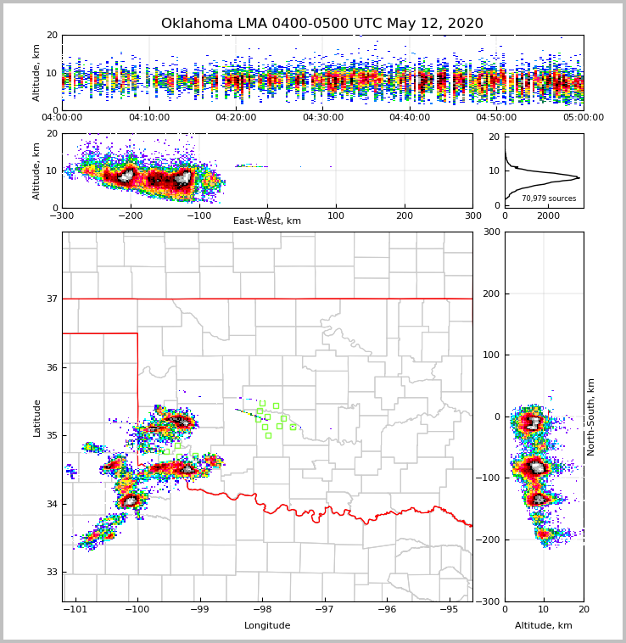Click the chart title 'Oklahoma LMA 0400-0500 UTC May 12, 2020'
(321, 24)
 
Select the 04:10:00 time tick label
(149, 118)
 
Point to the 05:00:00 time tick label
(583, 118)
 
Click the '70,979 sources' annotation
(548, 198)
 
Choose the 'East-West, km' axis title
(267, 221)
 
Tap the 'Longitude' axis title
(267, 626)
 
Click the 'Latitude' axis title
(37, 417)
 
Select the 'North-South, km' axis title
(591, 417)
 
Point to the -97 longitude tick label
(324, 609)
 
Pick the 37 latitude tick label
(52, 299)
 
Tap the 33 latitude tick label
(52, 572)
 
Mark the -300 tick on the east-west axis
(62, 215)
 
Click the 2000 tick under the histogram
(549, 215)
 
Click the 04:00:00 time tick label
(62, 118)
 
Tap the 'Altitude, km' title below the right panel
(544, 626)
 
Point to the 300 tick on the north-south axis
(490, 232)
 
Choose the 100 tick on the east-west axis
(336, 215)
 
